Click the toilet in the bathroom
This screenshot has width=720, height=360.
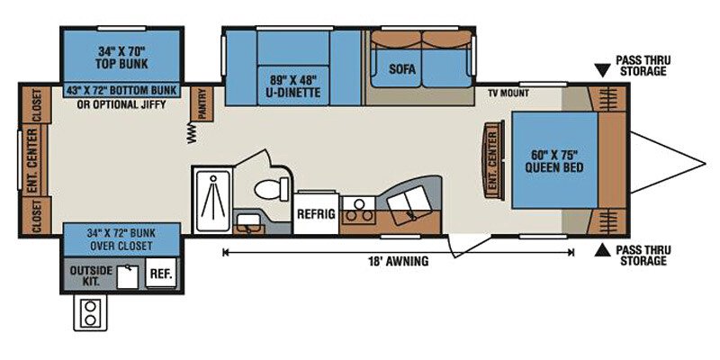point(271,189)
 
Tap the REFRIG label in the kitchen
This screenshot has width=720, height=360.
point(317,214)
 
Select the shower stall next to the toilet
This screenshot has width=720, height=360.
point(212,200)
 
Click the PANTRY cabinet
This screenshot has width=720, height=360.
point(202,103)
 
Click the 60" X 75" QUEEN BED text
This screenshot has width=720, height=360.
point(554,160)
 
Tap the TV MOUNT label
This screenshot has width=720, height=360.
point(508,94)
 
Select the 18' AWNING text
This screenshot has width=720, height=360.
point(398,261)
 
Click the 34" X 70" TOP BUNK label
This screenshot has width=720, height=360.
point(121,57)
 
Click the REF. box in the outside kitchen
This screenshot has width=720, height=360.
point(161,274)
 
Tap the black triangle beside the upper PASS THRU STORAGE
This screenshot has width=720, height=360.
point(602,70)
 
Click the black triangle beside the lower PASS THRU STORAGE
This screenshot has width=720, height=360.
point(602,250)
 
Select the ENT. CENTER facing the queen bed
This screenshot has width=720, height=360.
point(492,160)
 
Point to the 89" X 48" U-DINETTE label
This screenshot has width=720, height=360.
point(293,85)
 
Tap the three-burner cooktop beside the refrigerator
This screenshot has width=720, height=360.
point(358,210)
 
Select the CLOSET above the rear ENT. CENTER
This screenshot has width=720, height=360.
point(36,104)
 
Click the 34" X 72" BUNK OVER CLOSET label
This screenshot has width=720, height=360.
point(121,239)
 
